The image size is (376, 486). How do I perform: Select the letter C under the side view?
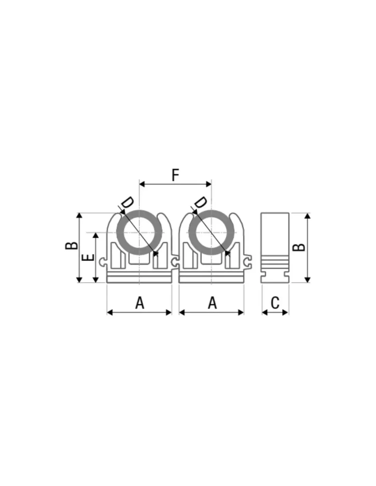point(275,303)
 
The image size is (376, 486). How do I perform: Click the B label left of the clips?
point(71,246)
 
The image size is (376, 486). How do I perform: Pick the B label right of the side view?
point(299,247)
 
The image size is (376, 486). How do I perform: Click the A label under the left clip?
point(140,303)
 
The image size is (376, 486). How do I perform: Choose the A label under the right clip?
point(212,303)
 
